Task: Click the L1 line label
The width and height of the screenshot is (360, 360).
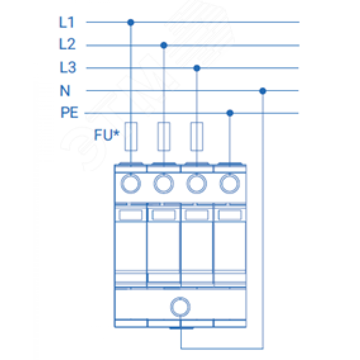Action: (x=66, y=22)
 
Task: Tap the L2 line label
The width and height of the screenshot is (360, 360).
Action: (x=67, y=44)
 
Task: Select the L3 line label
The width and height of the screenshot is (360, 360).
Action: (x=68, y=67)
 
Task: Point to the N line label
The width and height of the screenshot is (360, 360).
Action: (x=65, y=90)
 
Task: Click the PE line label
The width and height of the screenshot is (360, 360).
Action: (x=69, y=112)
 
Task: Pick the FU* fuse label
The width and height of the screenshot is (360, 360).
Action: (x=107, y=135)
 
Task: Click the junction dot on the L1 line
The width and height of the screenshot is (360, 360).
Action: (x=131, y=22)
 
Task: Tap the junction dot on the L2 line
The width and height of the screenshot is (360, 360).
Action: (x=164, y=45)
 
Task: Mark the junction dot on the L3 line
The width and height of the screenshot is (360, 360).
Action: (x=197, y=68)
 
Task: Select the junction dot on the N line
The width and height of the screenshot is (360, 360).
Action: (x=263, y=91)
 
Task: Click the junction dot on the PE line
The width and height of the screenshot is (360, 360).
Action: (x=230, y=113)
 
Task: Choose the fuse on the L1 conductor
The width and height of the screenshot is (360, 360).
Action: (x=131, y=136)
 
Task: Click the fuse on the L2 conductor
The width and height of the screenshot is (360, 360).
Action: (x=164, y=136)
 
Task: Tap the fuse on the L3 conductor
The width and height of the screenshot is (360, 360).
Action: (x=197, y=136)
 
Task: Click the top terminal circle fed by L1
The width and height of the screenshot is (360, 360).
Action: (x=131, y=184)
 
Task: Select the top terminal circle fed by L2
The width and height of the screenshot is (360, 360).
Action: (x=164, y=184)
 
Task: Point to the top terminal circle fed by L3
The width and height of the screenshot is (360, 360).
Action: (x=197, y=184)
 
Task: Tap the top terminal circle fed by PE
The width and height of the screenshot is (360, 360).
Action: (x=230, y=184)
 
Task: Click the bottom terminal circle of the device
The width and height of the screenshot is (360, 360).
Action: (x=180, y=307)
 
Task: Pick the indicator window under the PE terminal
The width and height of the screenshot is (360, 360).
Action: (x=230, y=215)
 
